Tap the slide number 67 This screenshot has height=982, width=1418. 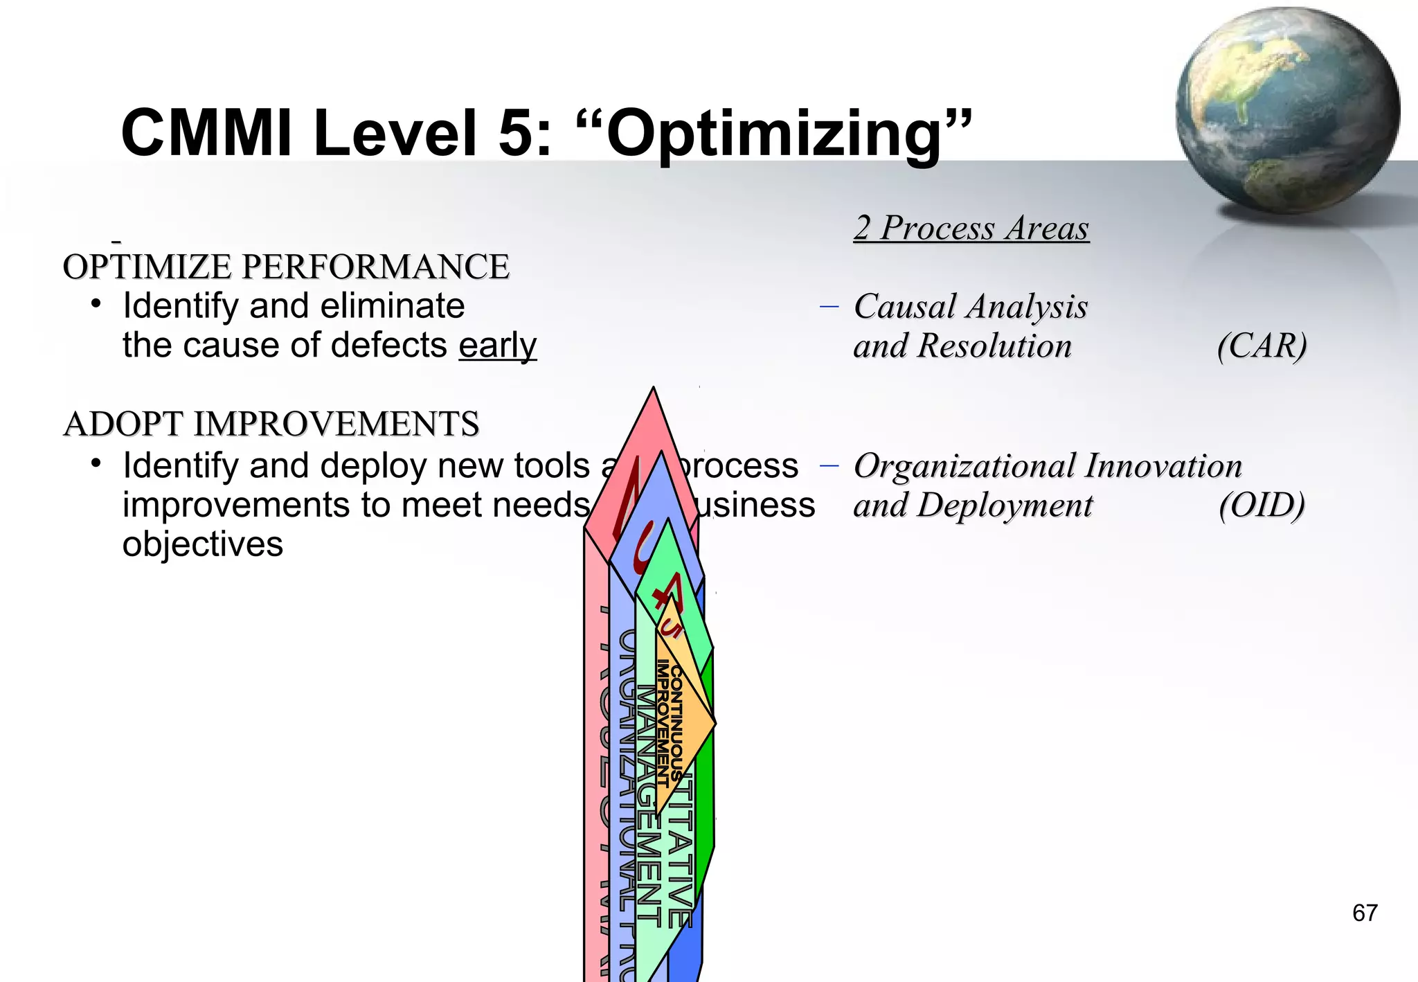pyautogui.click(x=1365, y=913)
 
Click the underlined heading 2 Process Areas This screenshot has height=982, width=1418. pyautogui.click(x=971, y=229)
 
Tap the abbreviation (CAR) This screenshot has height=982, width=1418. pyautogui.click(x=1262, y=346)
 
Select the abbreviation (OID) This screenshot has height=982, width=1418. pyautogui.click(x=1262, y=505)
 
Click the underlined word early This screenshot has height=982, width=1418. pyautogui.click(x=497, y=346)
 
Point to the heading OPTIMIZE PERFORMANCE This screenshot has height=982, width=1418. pyautogui.click(x=286, y=267)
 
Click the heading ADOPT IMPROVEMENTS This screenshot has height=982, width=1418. pyautogui.click(x=271, y=424)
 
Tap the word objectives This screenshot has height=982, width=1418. pyautogui.click(x=203, y=544)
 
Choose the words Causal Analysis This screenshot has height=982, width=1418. pyautogui.click(x=971, y=307)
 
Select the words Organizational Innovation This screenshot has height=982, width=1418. pyautogui.click(x=1048, y=466)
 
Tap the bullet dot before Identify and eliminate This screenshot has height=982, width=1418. pyautogui.click(x=96, y=304)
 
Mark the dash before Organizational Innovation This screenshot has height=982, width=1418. pyautogui.click(x=829, y=465)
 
